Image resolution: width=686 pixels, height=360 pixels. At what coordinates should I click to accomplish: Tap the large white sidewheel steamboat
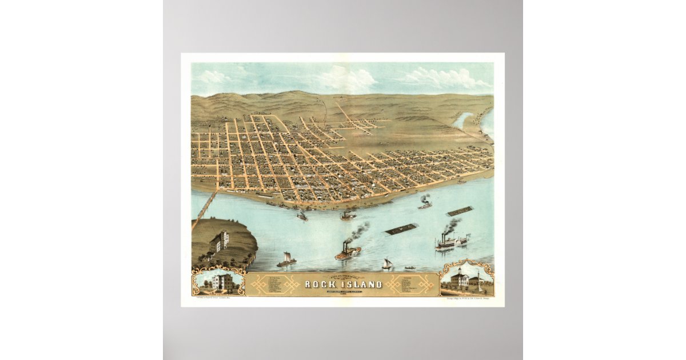pyautogui.click(x=451, y=242)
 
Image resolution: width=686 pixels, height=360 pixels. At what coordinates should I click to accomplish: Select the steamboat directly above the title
pyautogui.click(x=348, y=251)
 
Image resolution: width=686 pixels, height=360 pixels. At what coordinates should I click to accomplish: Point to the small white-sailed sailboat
pyautogui.click(x=387, y=264)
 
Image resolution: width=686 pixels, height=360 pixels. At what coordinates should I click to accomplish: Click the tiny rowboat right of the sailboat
pyautogui.click(x=409, y=267)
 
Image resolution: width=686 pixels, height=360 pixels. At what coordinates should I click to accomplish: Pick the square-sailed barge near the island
pyautogui.click(x=286, y=260)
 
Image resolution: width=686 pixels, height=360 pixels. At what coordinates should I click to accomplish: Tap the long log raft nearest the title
pyautogui.click(x=401, y=230)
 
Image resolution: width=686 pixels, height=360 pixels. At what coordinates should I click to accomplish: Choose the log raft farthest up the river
pyautogui.click(x=460, y=211)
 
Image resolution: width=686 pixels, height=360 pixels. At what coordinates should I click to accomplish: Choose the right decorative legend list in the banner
pyautogui.click(x=408, y=284)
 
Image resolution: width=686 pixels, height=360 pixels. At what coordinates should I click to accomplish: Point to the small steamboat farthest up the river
pyautogui.click(x=425, y=203)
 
